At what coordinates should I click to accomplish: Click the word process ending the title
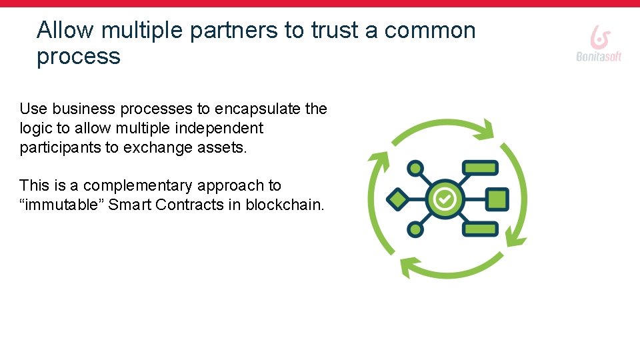click(x=79, y=57)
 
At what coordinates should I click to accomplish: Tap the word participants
click(x=60, y=147)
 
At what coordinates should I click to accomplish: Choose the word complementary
click(x=138, y=185)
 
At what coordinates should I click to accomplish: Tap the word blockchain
click(x=285, y=205)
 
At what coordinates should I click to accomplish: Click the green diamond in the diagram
click(x=397, y=199)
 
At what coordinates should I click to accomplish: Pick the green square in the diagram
click(x=497, y=199)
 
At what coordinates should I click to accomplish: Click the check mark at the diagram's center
click(x=445, y=199)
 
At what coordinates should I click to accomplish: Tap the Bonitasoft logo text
click(x=599, y=57)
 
